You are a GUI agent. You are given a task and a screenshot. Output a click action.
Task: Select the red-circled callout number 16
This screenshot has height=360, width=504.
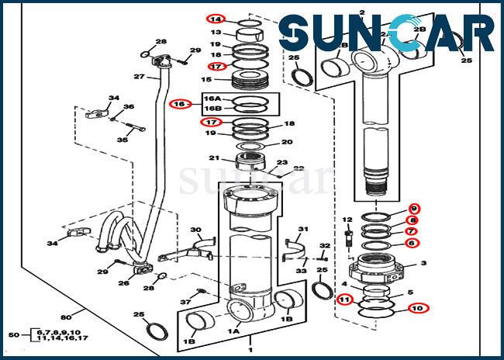click(179, 103)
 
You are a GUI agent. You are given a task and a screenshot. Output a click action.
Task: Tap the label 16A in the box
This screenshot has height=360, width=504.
click(212, 99)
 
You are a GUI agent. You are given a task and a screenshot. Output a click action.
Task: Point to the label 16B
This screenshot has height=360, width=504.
click(212, 109)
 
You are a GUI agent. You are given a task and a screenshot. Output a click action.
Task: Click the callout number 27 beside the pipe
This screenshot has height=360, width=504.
click(139, 76)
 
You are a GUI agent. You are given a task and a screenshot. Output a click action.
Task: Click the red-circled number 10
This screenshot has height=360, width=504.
click(418, 308)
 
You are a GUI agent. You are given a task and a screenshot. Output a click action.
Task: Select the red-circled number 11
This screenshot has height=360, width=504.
click(344, 299)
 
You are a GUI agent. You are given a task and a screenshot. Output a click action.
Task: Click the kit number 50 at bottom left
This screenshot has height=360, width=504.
click(13, 334)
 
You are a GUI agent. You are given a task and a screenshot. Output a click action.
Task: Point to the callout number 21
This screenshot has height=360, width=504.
click(212, 159)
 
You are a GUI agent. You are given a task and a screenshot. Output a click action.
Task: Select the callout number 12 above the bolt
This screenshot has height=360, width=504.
click(347, 220)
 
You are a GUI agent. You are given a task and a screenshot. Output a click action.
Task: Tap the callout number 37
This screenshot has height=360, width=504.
click(185, 301)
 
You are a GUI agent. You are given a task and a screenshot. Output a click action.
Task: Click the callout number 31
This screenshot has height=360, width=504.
click(303, 229)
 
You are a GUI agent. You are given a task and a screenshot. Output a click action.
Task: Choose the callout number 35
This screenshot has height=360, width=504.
click(121, 140)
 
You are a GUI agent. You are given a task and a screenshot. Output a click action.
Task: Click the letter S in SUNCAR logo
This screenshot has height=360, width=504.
click(297, 34)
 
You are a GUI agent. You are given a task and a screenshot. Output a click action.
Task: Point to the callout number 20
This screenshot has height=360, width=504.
click(287, 142)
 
